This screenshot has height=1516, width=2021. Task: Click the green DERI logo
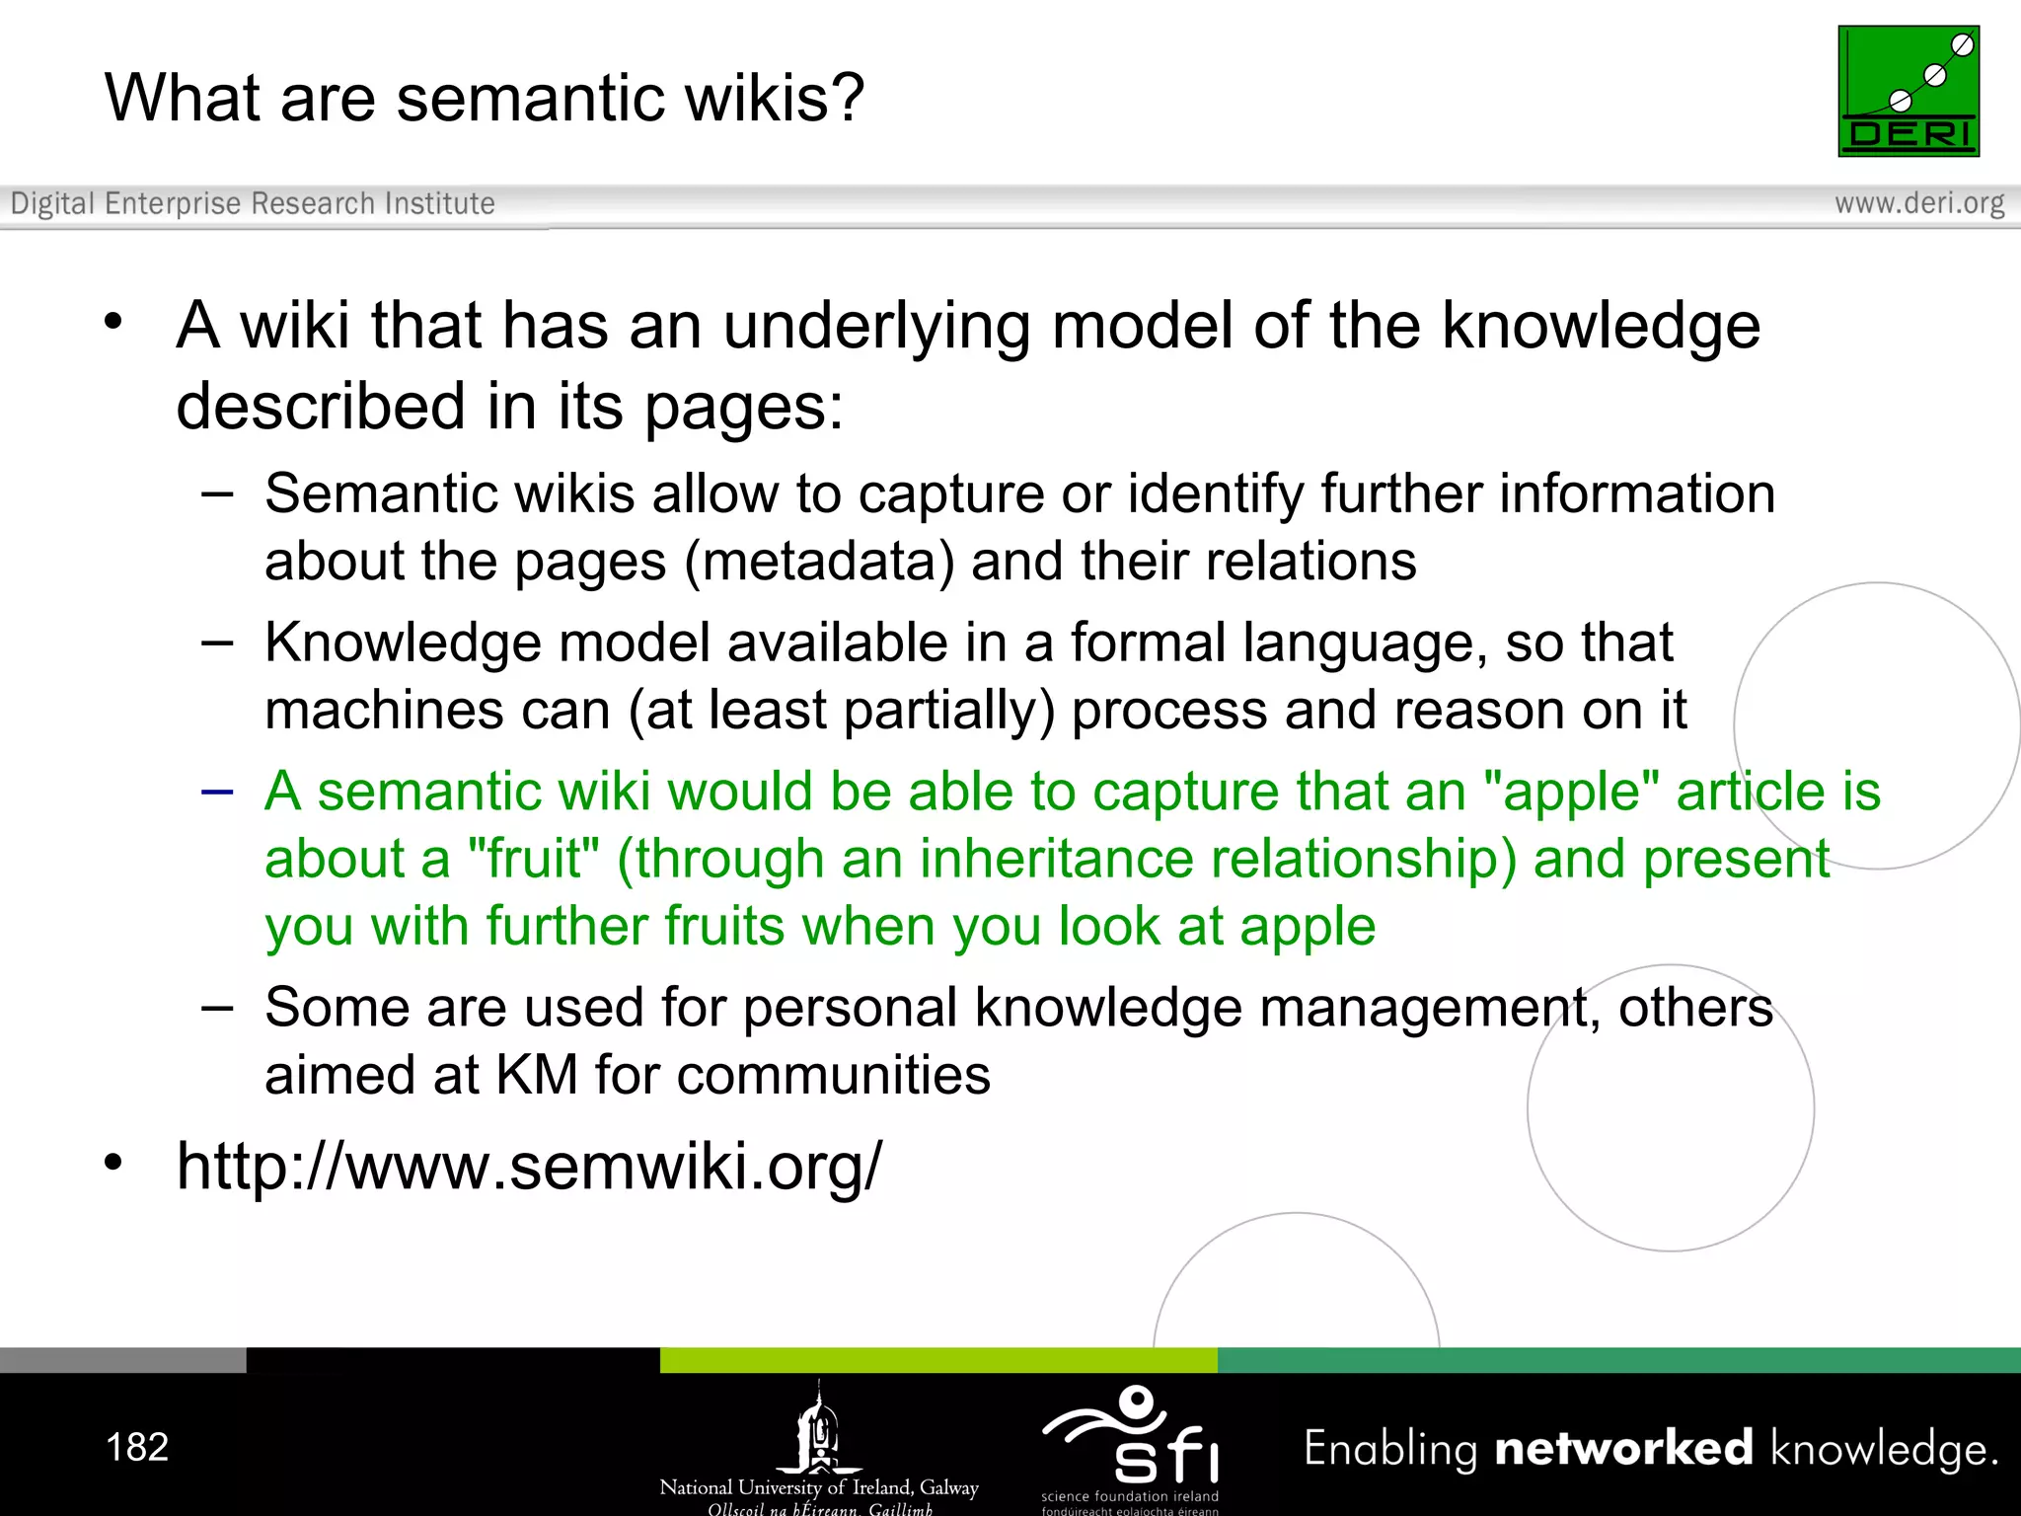[x=1908, y=91]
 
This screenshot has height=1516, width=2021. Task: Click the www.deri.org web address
[x=1918, y=203]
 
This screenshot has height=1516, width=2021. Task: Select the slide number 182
[x=137, y=1447]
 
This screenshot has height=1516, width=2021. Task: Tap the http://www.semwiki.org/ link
[x=529, y=1167]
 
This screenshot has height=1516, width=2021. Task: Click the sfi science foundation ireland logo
[x=1131, y=1446]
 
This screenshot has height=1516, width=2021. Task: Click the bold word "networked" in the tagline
[x=1623, y=1448]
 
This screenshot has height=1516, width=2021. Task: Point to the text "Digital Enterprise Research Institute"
[x=253, y=203]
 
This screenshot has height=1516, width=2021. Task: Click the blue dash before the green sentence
[x=216, y=792]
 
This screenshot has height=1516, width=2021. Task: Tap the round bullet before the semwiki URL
[x=113, y=1163]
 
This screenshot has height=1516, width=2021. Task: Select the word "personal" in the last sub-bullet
[x=850, y=1008]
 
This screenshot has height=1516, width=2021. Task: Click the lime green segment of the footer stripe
[x=937, y=1360]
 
